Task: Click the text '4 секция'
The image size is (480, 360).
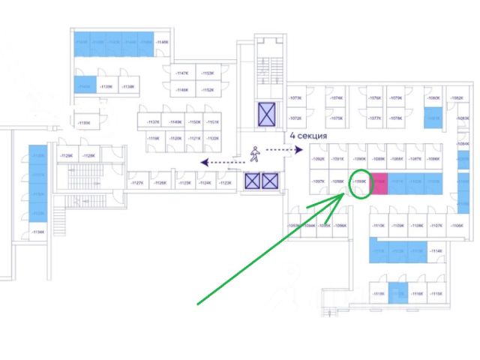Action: [307, 136]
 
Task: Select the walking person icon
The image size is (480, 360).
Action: [255, 154]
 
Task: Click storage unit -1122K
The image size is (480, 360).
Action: [212, 139]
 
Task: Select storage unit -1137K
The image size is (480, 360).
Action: [154, 122]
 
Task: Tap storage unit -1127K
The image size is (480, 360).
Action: [137, 183]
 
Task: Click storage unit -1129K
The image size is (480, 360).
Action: [66, 156]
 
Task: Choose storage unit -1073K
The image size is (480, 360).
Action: [295, 98]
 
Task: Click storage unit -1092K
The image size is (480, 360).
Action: [319, 160]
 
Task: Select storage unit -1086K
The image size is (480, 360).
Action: [433, 160]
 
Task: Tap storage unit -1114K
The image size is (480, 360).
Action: [436, 251]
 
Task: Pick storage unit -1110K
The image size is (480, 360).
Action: [378, 226]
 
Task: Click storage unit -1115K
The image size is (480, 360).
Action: [436, 294]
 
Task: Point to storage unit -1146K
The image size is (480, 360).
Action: [163, 43]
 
